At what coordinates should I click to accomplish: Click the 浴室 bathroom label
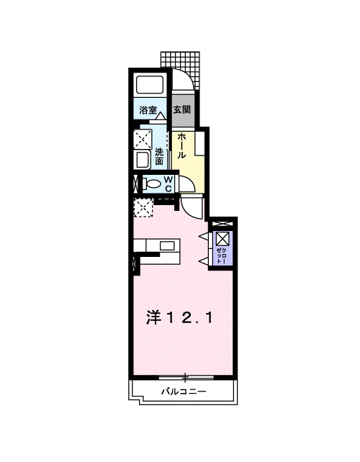pos(148,110)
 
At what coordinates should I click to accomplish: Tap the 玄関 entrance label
pos(181,109)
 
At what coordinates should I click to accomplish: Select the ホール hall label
pos(181,145)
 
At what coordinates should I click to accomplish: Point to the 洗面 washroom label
pos(159,157)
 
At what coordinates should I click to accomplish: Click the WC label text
pos(168,184)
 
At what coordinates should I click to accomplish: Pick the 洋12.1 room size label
pos(179,318)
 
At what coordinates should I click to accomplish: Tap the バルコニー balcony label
pos(184,391)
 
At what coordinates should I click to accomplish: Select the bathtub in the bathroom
pos(149,85)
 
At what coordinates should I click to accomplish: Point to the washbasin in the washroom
pos(143,160)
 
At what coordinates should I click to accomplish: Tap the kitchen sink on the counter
pos(167,245)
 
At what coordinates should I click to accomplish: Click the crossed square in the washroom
pos(143,139)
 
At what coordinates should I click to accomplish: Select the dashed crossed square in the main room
pos(143,207)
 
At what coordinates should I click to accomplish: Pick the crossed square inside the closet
pos(222,239)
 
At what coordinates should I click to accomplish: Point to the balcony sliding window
pos(186,377)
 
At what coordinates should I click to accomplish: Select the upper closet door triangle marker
pos(204,236)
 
